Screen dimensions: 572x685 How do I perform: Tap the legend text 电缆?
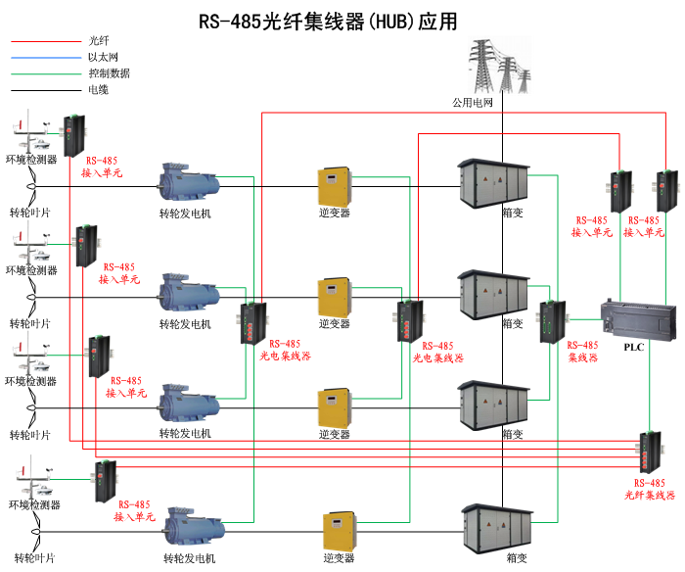98,89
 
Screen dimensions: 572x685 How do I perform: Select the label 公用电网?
472,102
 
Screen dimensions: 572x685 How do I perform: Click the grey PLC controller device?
637,317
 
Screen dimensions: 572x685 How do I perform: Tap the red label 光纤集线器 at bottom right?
650,496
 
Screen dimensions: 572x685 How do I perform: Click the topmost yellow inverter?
334,186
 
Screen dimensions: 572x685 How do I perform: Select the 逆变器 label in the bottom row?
338,557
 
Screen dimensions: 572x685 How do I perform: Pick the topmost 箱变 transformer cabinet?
494,181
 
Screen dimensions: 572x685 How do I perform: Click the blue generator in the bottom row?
197,528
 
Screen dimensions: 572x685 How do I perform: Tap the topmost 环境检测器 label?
31,159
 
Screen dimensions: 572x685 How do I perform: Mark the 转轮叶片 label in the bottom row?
31,557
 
